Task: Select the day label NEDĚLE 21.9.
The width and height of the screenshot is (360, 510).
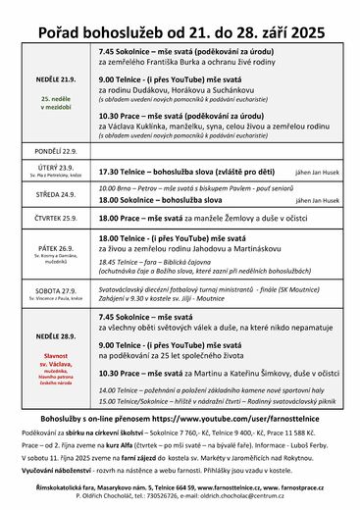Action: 55,77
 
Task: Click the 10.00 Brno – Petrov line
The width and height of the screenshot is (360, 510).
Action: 182,187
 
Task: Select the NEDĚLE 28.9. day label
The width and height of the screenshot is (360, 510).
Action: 55,336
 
